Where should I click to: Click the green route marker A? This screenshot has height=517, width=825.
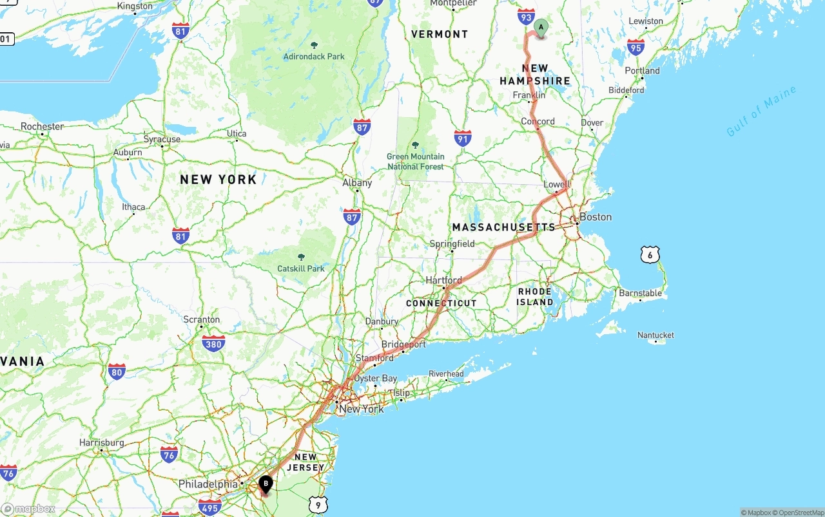tap(541, 27)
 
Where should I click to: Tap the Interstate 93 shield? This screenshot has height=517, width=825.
tap(526, 17)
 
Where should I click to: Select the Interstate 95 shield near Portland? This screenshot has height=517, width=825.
tap(636, 46)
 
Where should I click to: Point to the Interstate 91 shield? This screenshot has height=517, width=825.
tap(462, 137)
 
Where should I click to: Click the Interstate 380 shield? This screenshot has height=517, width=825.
tap(213, 343)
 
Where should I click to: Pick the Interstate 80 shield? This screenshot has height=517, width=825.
tap(117, 371)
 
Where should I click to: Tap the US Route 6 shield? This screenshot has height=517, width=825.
tap(650, 255)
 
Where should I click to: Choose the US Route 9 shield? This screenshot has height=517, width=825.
tap(318, 505)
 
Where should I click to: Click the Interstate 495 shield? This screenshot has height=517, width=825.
tap(210, 506)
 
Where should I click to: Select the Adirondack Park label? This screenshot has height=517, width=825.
tap(314, 56)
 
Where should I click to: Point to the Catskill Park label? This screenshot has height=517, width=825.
tap(301, 268)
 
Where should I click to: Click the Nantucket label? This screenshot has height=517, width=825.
tap(655, 335)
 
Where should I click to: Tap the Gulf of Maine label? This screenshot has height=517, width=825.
tap(761, 111)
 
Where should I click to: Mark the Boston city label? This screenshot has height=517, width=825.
tap(595, 217)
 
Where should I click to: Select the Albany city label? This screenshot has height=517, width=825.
tap(357, 183)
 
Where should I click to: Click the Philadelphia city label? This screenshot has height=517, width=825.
tap(208, 484)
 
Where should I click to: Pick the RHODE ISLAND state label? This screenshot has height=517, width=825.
tap(535, 297)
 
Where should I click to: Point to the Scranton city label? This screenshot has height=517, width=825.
tap(201, 319)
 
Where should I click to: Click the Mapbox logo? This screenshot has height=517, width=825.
tap(28, 509)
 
